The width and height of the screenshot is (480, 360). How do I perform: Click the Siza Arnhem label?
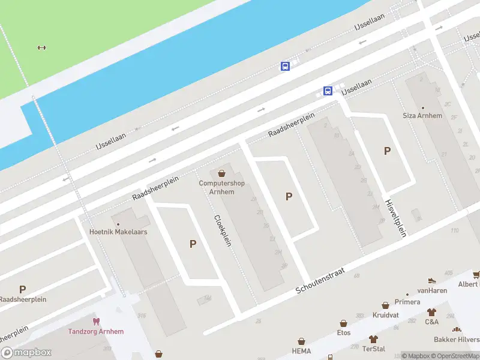pos(422,115)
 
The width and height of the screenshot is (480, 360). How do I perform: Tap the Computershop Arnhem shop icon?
pos(222,173)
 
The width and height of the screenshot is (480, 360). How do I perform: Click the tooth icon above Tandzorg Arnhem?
pos(95,322)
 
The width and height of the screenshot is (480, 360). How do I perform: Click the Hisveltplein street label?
pos(395,218)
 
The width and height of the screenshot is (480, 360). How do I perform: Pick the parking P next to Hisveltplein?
pos(387,151)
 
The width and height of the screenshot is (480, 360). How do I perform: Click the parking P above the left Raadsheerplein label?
pos(22,289)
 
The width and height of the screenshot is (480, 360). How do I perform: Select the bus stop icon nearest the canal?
pos(285,66)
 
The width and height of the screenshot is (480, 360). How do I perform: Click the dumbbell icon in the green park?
pos(41,48)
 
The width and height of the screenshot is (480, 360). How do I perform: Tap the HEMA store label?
pos(301,350)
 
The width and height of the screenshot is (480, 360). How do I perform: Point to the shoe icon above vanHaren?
pos(431,280)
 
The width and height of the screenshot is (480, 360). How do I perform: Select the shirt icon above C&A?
pos(431,312)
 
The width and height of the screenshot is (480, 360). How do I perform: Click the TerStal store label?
pos(374,349)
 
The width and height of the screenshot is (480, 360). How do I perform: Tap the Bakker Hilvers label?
pos(461,339)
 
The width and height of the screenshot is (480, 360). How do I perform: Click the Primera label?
pos(408,302)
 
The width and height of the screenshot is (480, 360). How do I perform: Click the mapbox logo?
pos(26,353)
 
